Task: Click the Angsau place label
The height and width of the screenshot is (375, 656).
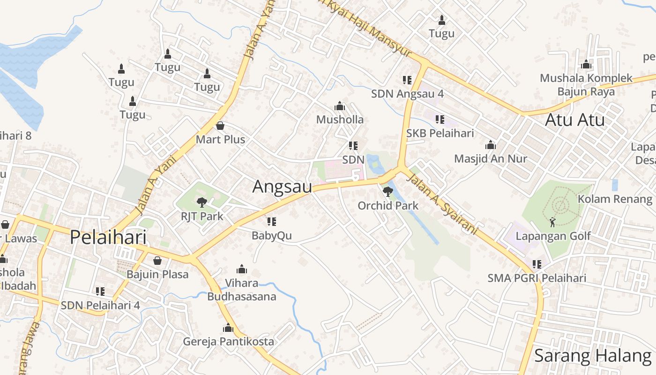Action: (282, 187)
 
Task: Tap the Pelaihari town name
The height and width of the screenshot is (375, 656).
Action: (108, 237)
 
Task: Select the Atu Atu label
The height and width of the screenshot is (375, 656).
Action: (574, 120)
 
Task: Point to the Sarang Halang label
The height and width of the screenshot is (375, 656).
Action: (592, 356)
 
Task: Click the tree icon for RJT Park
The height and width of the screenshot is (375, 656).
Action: (201, 202)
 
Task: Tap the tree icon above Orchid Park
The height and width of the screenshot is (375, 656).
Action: (388, 191)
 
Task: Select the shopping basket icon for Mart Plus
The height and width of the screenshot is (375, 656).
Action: (220, 126)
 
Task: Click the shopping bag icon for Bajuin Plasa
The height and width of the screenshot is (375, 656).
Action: (157, 260)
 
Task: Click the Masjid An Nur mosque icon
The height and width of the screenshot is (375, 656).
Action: (491, 145)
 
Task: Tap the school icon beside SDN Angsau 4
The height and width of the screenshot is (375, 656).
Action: (407, 80)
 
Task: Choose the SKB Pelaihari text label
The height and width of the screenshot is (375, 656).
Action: (440, 133)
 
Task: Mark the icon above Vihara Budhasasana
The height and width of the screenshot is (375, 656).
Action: (242, 269)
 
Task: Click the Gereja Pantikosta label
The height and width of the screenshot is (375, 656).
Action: (228, 341)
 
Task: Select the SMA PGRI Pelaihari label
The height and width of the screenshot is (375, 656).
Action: (537, 278)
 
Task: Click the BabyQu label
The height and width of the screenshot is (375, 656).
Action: (272, 235)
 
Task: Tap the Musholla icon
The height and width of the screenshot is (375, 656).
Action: (340, 106)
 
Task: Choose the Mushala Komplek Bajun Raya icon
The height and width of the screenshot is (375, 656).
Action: (586, 64)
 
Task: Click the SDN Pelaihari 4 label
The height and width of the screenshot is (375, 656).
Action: (100, 305)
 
